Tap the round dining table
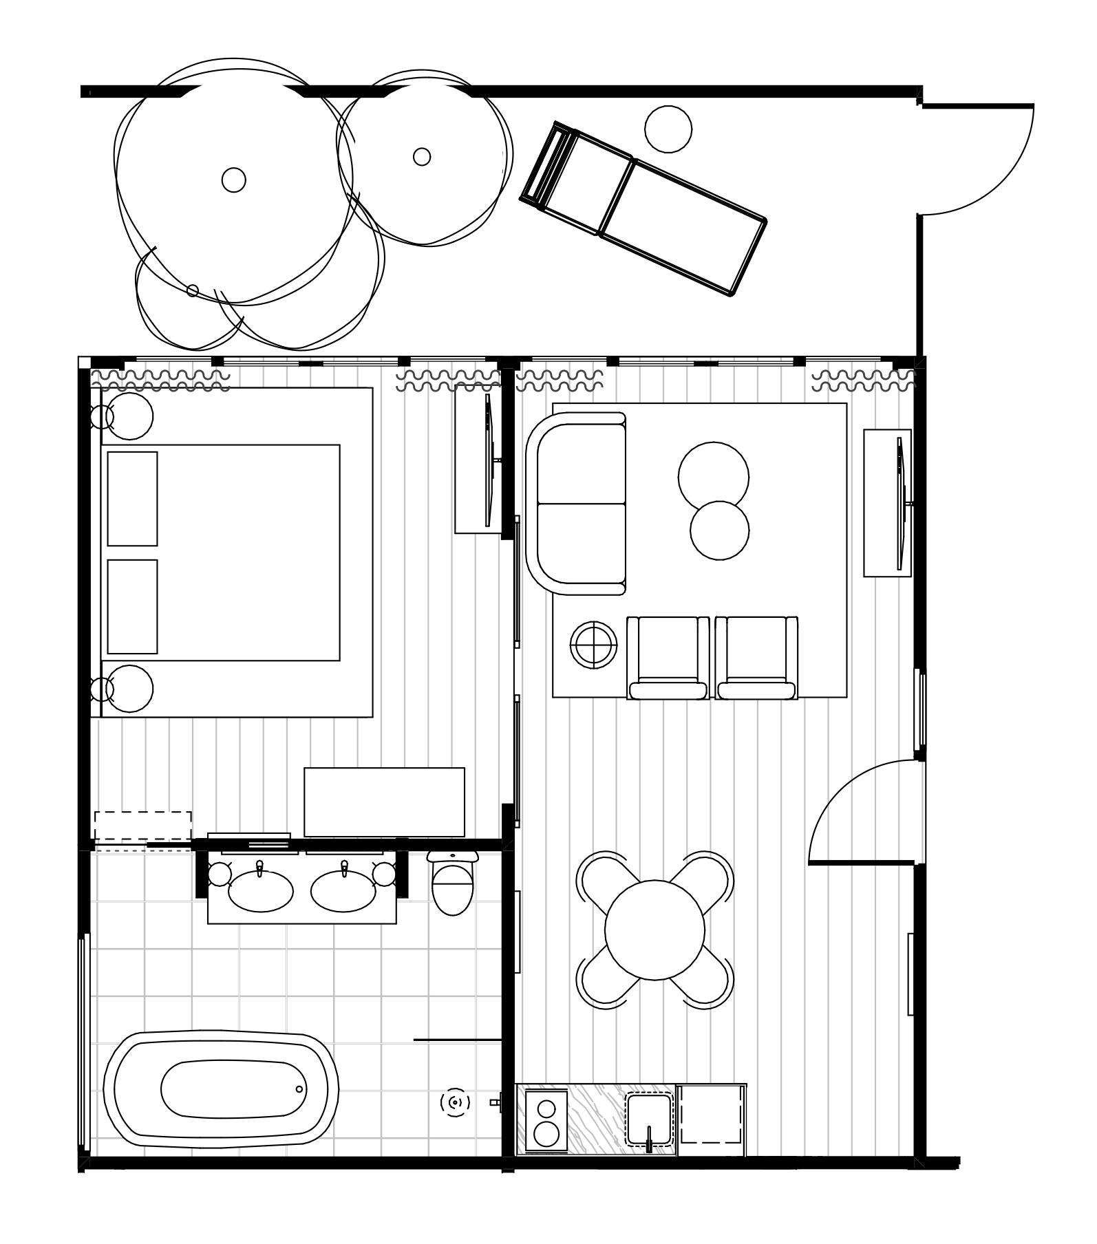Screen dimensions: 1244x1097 click(654, 930)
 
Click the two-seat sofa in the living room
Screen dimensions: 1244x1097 click(578, 503)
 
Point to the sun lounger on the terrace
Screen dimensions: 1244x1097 click(643, 208)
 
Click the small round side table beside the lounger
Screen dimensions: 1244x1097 click(668, 129)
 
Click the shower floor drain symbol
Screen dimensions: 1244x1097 click(455, 1103)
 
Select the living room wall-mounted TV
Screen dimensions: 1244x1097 click(900, 503)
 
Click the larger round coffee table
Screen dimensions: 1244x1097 click(713, 477)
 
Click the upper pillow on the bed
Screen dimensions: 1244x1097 click(132, 498)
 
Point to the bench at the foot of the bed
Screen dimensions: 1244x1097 click(384, 802)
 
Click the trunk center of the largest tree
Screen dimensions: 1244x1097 click(234, 180)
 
